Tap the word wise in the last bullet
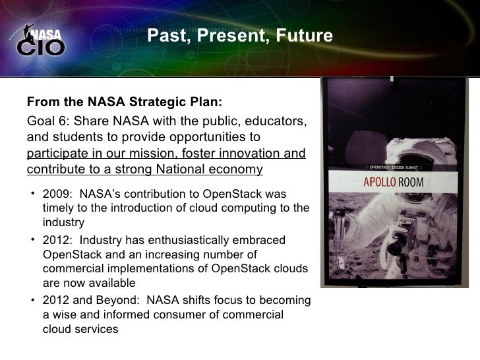tap(65, 315)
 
